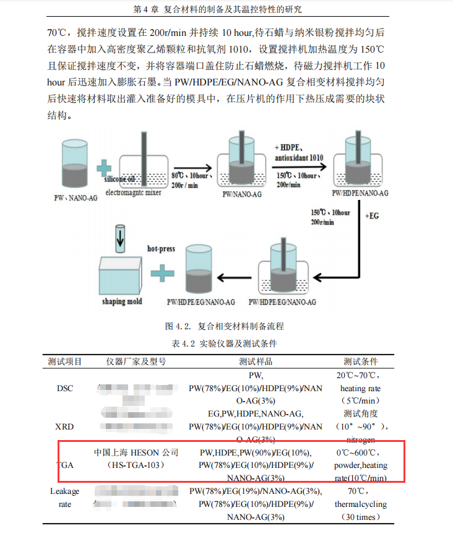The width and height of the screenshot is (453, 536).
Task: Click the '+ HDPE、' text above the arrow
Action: point(291,147)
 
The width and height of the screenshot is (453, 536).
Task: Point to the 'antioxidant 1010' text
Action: point(300,158)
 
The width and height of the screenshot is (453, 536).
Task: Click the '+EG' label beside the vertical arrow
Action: point(372,216)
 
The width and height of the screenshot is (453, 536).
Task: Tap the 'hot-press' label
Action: point(161,249)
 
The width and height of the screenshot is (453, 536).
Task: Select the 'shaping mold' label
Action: point(122,301)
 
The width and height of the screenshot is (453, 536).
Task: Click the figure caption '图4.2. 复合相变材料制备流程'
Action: point(225,326)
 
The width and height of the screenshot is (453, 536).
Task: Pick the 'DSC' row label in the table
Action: point(65,388)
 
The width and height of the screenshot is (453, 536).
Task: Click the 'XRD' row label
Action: point(65,426)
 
